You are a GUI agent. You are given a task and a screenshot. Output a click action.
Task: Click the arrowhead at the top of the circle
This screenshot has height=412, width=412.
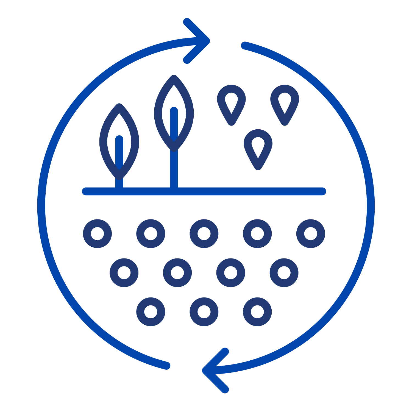click(x=205, y=41)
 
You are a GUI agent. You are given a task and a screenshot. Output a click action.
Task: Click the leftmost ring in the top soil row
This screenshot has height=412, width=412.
click(x=97, y=233)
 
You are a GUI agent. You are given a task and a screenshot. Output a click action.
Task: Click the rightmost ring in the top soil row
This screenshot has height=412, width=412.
click(x=311, y=233)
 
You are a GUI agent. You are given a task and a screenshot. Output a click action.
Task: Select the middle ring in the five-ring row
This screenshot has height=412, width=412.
click(x=204, y=233)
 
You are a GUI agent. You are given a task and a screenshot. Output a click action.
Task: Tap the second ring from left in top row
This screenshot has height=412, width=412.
click(x=151, y=233)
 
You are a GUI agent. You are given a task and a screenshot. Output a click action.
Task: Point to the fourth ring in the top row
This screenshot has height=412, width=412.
click(x=257, y=233)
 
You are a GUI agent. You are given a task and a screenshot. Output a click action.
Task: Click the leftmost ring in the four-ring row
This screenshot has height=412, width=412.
click(x=124, y=272)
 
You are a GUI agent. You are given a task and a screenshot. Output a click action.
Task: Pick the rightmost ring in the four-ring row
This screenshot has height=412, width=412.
click(x=284, y=272)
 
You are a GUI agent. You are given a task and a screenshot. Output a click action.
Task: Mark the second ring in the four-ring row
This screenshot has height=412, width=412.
click(x=177, y=272)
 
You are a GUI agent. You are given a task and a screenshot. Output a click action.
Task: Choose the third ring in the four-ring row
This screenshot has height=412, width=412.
click(x=231, y=272)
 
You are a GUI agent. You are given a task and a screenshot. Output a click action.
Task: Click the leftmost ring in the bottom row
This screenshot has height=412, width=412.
click(x=151, y=312)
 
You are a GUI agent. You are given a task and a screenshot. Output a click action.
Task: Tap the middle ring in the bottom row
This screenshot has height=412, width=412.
click(x=204, y=312)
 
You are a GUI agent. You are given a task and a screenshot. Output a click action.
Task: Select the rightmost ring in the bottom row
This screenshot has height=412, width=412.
click(x=257, y=312)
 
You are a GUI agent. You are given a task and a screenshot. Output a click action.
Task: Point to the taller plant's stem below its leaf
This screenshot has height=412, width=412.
click(x=174, y=169)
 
